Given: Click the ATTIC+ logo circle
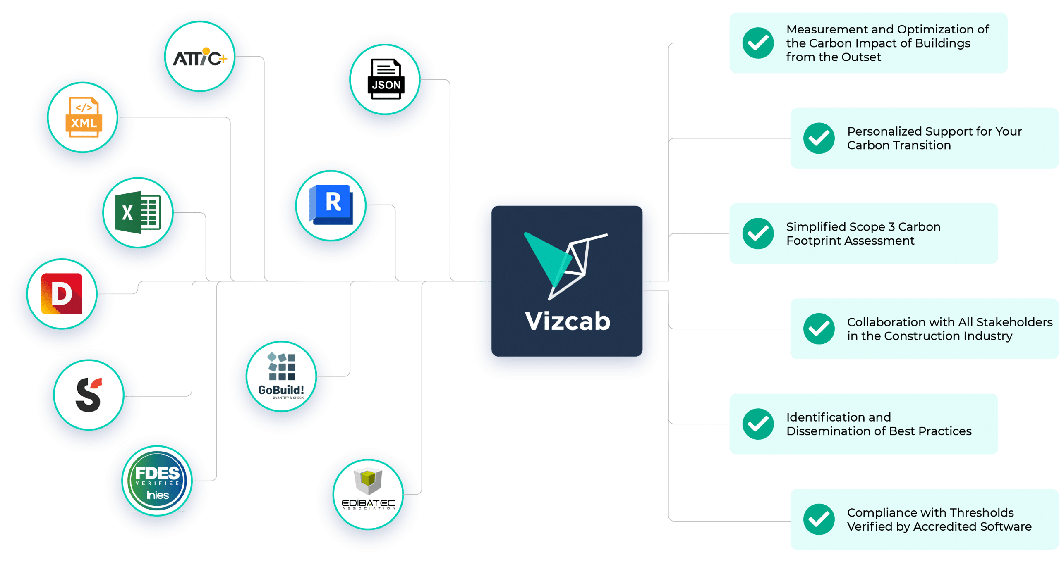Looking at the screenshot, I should point(200,57).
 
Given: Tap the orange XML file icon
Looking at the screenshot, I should point(84,117).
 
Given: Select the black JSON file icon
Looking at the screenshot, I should point(386,79).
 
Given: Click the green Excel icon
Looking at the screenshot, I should point(138,213).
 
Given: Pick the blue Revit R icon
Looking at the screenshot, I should point(331,205).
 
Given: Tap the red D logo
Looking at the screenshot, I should point(62,294).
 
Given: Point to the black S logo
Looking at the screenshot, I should point(89,395).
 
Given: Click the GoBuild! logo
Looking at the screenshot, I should point(281,376).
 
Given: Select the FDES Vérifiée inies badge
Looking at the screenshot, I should point(157,481).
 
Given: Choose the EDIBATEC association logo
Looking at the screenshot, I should point(368,494).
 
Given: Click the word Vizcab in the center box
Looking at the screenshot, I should point(568,321).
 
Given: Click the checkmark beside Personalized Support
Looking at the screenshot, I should point(819,138).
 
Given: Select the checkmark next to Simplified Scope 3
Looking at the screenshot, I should point(758,233).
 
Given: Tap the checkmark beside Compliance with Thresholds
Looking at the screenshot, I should point(819,519).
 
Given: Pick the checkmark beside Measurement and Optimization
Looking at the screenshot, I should point(758,43).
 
